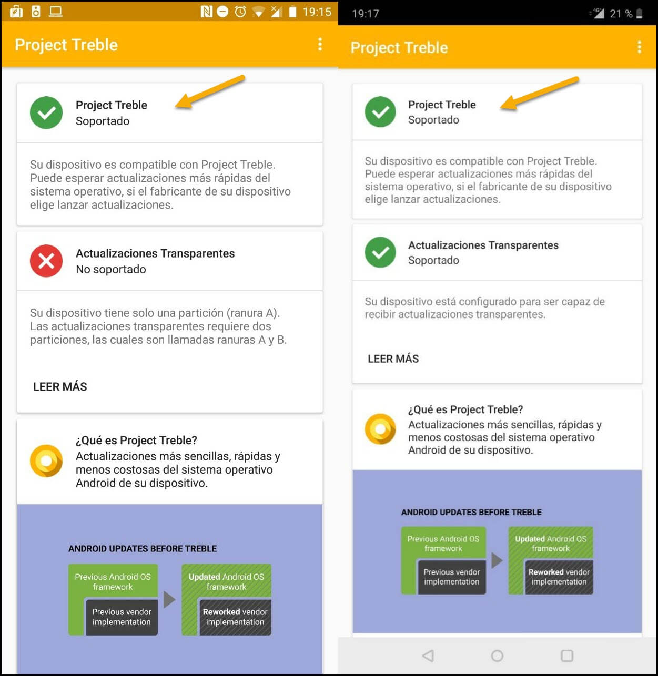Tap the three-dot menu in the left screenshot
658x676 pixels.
(320, 45)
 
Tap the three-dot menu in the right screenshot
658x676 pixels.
(639, 47)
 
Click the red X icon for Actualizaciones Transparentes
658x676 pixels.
(46, 261)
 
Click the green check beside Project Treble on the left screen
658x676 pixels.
(46, 112)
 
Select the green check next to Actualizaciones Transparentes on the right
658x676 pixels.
(380, 252)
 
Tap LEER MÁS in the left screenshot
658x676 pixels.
(60, 386)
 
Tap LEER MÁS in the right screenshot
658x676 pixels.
(393, 358)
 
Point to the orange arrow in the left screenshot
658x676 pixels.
(210, 91)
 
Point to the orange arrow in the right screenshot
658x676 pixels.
(540, 93)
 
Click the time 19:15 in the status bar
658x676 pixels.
(317, 12)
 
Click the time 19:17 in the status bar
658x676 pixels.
(366, 14)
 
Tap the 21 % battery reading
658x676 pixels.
(621, 14)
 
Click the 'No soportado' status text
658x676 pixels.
(111, 269)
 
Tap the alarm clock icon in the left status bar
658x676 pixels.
(240, 12)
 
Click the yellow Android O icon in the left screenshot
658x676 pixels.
(46, 460)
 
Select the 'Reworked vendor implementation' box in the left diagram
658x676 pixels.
(235, 617)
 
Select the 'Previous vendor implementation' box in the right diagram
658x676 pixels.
(451, 577)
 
